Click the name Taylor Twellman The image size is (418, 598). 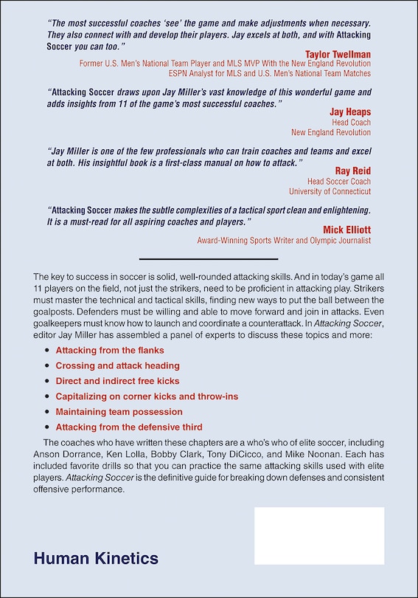coord(338,55)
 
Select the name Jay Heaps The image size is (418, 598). coord(350,112)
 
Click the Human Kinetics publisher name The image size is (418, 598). coord(96,559)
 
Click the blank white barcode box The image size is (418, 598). coord(319,536)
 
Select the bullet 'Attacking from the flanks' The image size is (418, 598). coord(110,350)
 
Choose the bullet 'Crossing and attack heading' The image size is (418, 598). coord(117,365)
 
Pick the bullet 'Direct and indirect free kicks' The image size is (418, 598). coord(117,381)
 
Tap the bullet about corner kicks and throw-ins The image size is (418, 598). coord(147,396)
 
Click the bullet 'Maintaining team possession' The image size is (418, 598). coord(119,412)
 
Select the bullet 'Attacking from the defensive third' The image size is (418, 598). coord(129,427)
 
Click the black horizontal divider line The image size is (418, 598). coord(209,259)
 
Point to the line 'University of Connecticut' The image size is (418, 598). coord(327,191)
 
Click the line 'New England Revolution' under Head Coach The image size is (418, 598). coord(331,133)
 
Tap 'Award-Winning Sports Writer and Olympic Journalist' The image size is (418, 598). coord(284,241)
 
